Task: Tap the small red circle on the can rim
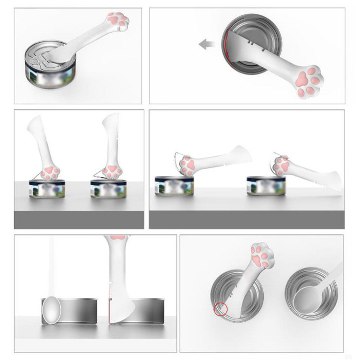[x=220, y=310]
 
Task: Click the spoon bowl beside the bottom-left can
[x=51, y=310]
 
